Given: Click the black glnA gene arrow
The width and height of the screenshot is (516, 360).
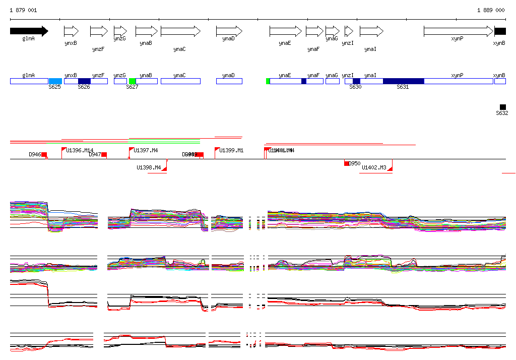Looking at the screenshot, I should (x=29, y=31).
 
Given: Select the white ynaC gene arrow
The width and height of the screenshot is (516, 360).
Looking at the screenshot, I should (x=180, y=31).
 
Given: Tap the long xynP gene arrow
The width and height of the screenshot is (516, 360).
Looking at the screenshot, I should (x=458, y=31).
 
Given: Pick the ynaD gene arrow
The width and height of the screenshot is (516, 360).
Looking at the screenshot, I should (x=229, y=31).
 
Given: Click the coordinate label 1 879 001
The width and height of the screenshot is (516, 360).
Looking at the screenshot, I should (x=23, y=10).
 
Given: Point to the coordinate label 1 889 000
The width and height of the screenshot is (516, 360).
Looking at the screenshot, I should (x=491, y=10).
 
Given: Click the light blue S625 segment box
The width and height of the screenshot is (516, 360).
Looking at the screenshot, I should (x=55, y=81).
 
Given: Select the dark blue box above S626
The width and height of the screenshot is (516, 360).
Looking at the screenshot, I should (x=84, y=81).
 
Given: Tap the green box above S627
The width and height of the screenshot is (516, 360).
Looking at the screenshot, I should (x=133, y=81).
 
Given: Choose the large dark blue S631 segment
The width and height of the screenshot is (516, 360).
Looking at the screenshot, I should (x=403, y=81).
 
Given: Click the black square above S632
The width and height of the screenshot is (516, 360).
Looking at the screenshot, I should (x=502, y=107).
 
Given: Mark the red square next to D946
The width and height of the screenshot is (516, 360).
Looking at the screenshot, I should (x=44, y=154).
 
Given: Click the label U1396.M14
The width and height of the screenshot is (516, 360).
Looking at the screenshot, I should (x=80, y=150).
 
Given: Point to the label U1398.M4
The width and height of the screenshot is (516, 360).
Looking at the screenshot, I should (x=149, y=167).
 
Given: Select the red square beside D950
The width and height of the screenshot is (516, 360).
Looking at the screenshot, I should (x=347, y=163).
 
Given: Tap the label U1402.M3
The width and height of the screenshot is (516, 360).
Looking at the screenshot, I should (x=374, y=167).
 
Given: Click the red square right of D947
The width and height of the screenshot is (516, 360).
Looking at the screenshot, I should (x=104, y=154).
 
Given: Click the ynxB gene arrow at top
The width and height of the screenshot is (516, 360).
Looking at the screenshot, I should (x=71, y=31).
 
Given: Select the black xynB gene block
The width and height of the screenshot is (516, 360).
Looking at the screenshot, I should (x=500, y=31).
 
